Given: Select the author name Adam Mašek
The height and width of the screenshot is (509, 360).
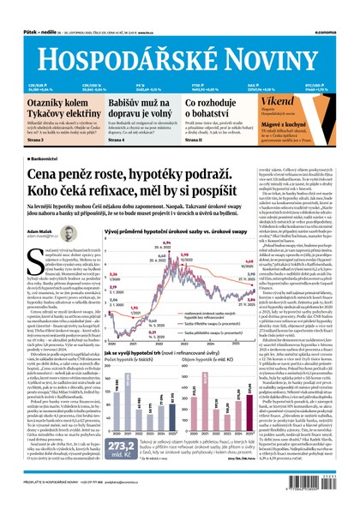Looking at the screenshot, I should [42, 232].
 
